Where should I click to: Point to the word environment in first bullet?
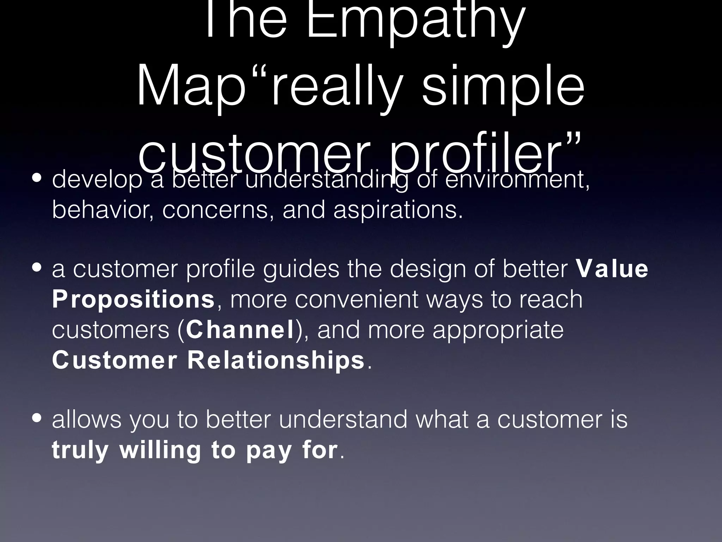pyautogui.click(x=517, y=180)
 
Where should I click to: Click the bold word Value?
pyautogui.click(x=612, y=269)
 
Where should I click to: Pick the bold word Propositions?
pyautogui.click(x=133, y=299)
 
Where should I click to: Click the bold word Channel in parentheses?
pyautogui.click(x=240, y=330)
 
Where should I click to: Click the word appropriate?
pyautogui.click(x=498, y=330)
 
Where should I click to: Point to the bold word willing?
pyautogui.click(x=160, y=450)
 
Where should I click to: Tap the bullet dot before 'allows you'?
pyautogui.click(x=37, y=418)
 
